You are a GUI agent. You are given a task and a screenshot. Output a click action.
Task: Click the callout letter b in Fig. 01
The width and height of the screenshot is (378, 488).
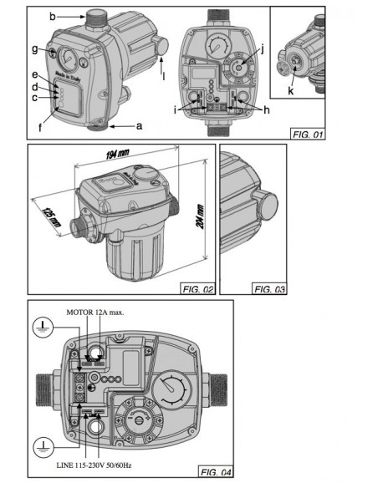pos(52,15)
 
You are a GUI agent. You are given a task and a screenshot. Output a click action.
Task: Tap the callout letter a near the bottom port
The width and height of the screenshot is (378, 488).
pos(139,125)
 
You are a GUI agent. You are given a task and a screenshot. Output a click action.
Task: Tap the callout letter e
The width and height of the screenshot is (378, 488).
pos(36,74)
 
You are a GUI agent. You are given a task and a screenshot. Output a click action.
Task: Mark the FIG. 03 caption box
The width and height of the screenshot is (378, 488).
pos(269,289)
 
